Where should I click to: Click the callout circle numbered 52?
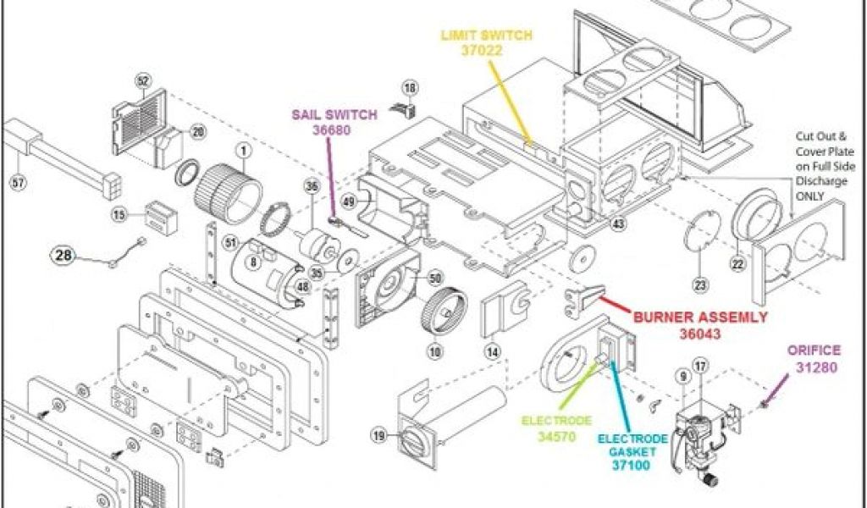pyautogui.click(x=142, y=81)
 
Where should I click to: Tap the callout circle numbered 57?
pyautogui.click(x=17, y=180)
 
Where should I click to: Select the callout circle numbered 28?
pyautogui.click(x=64, y=254)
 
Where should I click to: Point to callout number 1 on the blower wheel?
pyautogui.click(x=243, y=152)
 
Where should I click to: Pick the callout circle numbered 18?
pyautogui.click(x=410, y=88)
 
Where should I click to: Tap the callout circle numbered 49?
pyautogui.click(x=348, y=201)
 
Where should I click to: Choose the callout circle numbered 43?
pyautogui.click(x=618, y=224)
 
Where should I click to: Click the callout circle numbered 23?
pyautogui.click(x=699, y=285)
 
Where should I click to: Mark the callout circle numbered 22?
pyautogui.click(x=737, y=264)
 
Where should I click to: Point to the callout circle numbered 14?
pyautogui.click(x=492, y=349)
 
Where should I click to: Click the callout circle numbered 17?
pyautogui.click(x=699, y=366)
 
